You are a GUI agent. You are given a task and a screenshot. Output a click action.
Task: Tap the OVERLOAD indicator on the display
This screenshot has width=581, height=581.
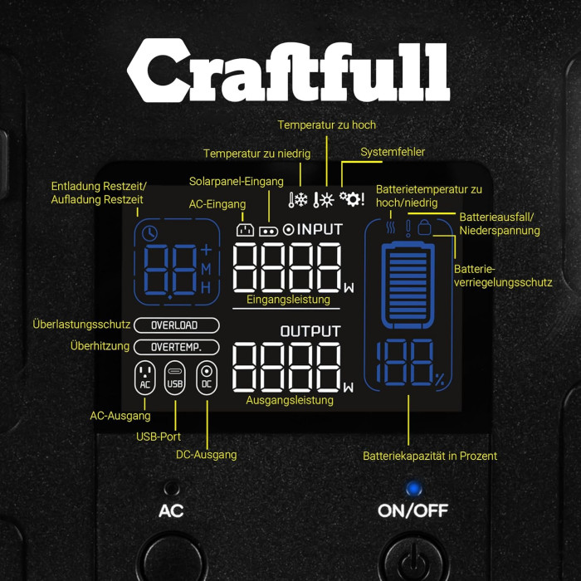coord(176,325)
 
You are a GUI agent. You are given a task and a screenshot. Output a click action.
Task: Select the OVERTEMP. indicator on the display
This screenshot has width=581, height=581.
coord(176,347)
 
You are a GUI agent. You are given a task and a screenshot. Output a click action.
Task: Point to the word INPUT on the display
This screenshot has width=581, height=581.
coord(320,229)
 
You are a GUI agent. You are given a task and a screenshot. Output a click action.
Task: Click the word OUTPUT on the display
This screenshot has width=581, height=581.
coord(310,331)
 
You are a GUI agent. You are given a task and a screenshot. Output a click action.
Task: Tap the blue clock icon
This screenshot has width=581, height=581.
coord(150,233)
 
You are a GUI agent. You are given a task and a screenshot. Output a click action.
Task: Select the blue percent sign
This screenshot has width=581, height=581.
coord(439,381)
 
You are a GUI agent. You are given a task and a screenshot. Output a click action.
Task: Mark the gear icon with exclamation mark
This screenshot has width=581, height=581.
coord(352,199)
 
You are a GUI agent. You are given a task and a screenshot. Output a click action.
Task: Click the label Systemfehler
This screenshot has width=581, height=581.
coord(393,152)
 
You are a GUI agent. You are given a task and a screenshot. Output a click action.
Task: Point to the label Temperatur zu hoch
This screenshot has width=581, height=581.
coord(326,124)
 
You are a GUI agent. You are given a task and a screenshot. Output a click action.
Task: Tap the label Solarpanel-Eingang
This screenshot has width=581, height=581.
coord(236,181)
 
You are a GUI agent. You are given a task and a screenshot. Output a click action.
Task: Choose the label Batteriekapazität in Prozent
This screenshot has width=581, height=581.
coord(430,456)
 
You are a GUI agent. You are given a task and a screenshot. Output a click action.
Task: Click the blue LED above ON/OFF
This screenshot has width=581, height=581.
coord(413,488)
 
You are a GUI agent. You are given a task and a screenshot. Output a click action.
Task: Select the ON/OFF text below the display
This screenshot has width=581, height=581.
coord(413,510)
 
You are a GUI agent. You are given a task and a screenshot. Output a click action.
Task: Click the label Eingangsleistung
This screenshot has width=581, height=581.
coord(289,300)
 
